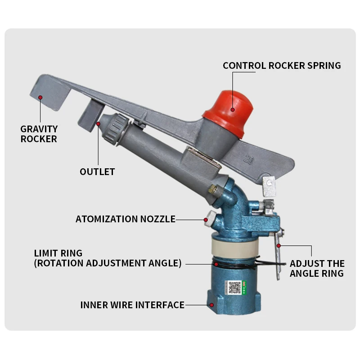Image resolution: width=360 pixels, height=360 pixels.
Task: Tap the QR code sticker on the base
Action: [234, 287]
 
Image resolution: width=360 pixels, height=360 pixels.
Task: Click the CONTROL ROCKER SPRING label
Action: [282, 66]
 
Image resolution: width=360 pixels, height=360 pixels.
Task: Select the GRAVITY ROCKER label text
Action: [39, 134]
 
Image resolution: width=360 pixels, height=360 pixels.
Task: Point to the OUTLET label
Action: [97, 172]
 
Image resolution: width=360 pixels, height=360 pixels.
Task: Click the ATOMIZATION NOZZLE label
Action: [125, 219]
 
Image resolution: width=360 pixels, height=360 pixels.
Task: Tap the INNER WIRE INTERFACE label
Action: [132, 305]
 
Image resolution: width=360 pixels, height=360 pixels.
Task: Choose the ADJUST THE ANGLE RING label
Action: [317, 268]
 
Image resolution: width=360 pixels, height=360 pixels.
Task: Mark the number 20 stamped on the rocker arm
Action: [247, 159]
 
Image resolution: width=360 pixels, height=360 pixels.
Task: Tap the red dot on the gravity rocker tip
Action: [40, 97]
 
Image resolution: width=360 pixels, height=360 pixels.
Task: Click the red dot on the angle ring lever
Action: [279, 246]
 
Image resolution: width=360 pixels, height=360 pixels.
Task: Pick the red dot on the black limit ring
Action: [216, 264]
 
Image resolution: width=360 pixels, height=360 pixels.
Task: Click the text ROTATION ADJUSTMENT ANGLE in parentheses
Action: [108, 263]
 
